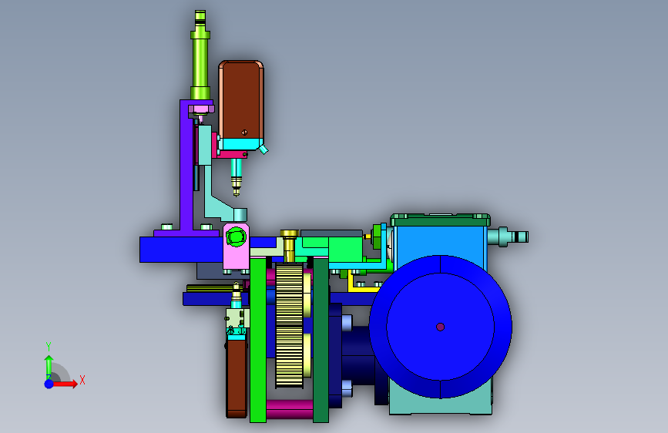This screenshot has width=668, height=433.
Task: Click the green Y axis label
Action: (49, 347)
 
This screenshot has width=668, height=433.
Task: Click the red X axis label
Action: (82, 380)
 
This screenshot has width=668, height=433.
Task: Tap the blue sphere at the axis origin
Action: (49, 384)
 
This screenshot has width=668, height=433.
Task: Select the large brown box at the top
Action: (241, 99)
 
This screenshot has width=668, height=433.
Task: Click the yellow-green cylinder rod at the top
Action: (200, 55)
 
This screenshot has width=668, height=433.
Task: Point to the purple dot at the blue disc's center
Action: (441, 327)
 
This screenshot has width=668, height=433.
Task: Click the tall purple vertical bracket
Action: (186, 166)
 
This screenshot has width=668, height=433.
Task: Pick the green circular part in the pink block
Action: (236, 237)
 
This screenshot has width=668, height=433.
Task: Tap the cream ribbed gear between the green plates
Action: (289, 326)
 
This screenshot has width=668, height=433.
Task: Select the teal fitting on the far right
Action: (508, 237)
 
